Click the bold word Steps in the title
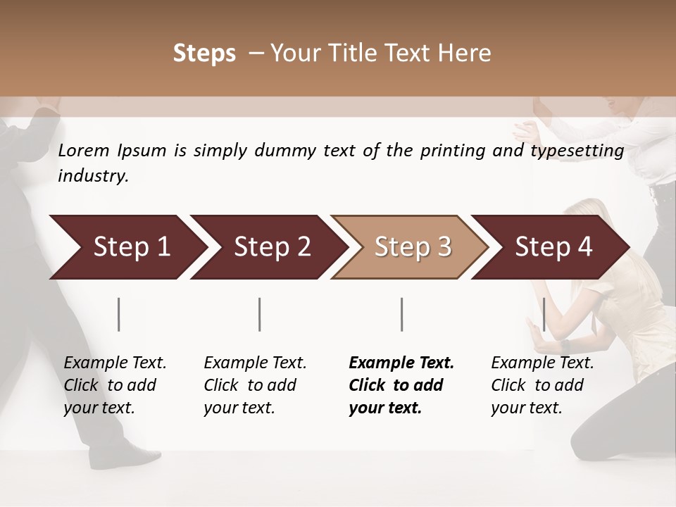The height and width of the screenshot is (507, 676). [204, 54]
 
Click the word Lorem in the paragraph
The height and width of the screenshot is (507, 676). [84, 151]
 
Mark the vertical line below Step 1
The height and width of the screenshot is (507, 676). [119, 314]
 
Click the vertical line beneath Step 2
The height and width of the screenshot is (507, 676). [260, 314]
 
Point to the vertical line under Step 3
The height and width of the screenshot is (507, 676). [401, 314]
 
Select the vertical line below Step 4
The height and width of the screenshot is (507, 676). [544, 314]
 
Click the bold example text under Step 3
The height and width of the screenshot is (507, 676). [401, 385]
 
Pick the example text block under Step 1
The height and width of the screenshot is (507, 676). [115, 385]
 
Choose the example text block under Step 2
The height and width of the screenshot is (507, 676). [255, 385]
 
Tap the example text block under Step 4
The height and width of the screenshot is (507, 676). [542, 385]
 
